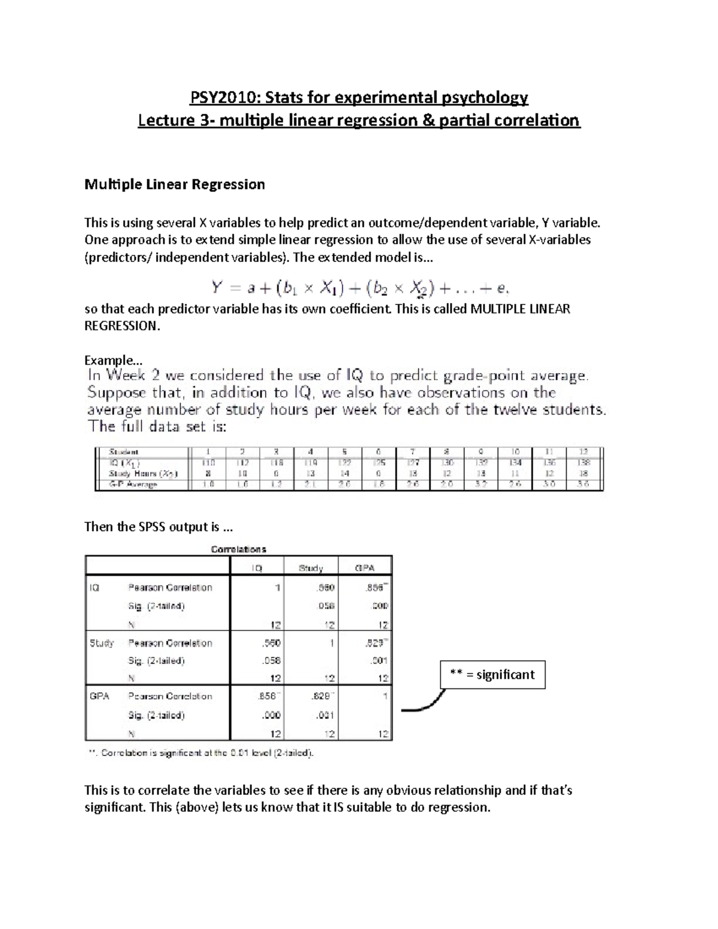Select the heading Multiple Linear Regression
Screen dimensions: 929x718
pos(175,184)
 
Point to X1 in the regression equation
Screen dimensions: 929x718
pos(330,289)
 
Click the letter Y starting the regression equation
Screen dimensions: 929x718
pos(217,288)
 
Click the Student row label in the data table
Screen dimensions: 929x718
pos(123,452)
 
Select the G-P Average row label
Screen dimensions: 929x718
pos(132,485)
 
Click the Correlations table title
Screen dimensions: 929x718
pos(239,549)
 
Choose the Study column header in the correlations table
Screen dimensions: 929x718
pos(311,568)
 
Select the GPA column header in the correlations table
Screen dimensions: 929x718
pos(364,568)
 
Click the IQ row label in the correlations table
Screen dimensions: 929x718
pos(95,588)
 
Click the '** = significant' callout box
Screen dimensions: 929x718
pos(492,675)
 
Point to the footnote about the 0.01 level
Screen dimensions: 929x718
pos(201,753)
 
